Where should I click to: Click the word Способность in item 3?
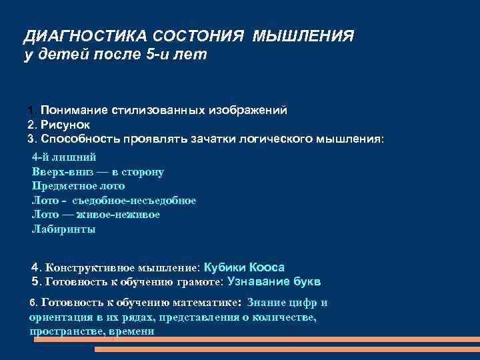click(79, 139)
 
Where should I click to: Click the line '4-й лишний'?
click(64, 157)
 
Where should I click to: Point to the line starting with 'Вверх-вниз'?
click(98, 172)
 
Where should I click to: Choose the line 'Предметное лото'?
click(73, 186)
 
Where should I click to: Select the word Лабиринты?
click(63, 229)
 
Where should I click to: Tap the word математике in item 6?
click(197, 303)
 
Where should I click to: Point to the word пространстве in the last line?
click(61, 331)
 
